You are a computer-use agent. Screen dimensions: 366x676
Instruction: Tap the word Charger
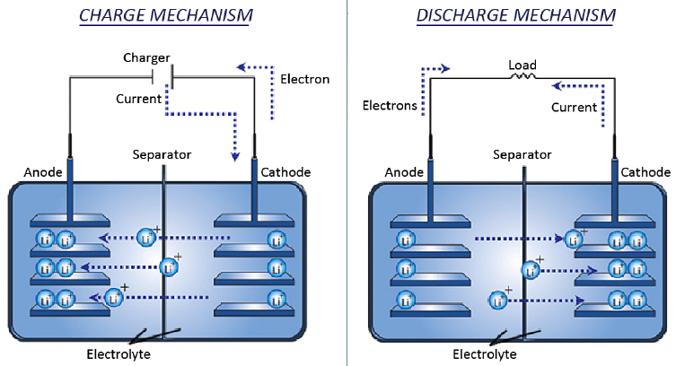pos(146,57)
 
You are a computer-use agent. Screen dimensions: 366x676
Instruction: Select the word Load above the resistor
pos(522,65)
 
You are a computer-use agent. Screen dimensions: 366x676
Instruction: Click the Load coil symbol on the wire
pos(522,78)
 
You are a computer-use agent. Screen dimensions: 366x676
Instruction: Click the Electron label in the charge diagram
pos(304,79)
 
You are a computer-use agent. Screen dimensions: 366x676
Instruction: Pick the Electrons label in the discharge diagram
pos(390,106)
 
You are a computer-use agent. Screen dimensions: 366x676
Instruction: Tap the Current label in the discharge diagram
pos(574,107)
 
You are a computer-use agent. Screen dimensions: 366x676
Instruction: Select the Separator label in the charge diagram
pos(162,154)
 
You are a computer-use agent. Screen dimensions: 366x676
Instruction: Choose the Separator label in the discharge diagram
pos(522,154)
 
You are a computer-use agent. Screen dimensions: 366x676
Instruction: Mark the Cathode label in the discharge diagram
pos(645,172)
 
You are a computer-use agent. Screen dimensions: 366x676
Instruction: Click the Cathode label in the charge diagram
pos(285,172)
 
